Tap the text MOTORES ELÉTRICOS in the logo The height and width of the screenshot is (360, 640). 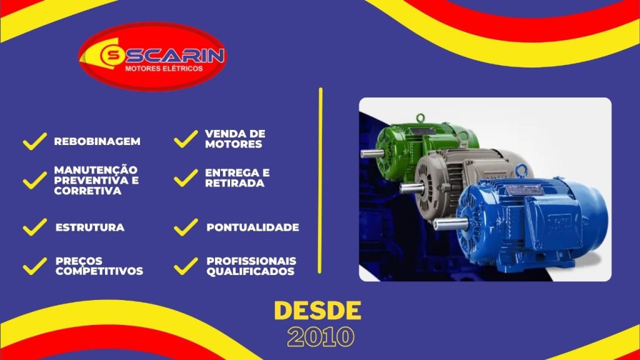coord(164,69)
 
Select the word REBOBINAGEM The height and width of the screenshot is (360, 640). coord(97,141)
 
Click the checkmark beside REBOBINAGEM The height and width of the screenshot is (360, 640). coord(35,141)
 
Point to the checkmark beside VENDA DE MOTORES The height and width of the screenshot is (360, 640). coord(186,139)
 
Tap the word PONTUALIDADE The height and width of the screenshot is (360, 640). coord(252,227)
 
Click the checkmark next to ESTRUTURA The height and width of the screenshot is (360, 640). coord(35,227)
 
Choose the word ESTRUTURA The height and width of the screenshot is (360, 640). coord(90,227)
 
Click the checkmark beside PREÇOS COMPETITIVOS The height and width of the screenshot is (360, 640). coord(35,266)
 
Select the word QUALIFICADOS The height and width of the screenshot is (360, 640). coord(250,271)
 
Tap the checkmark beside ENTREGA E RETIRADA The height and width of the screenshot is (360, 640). coord(186,178)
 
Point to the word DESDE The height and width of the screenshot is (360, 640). coord(317,311)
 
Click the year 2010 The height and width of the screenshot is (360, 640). coord(321,337)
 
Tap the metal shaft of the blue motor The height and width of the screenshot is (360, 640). coord(451,224)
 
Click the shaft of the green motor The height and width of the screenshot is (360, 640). coord(372,154)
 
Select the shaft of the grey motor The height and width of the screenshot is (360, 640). coord(412,188)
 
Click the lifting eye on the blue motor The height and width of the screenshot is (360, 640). coord(521,169)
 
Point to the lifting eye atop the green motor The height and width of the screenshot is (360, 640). coord(420,118)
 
